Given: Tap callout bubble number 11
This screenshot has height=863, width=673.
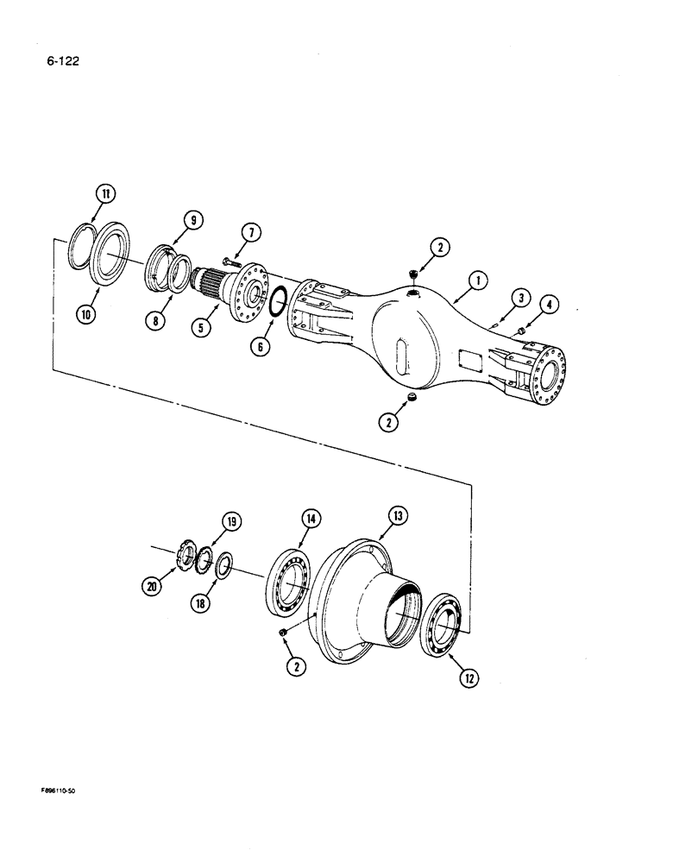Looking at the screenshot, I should click(103, 195).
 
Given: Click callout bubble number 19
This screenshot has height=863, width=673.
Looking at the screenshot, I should click(231, 521).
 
